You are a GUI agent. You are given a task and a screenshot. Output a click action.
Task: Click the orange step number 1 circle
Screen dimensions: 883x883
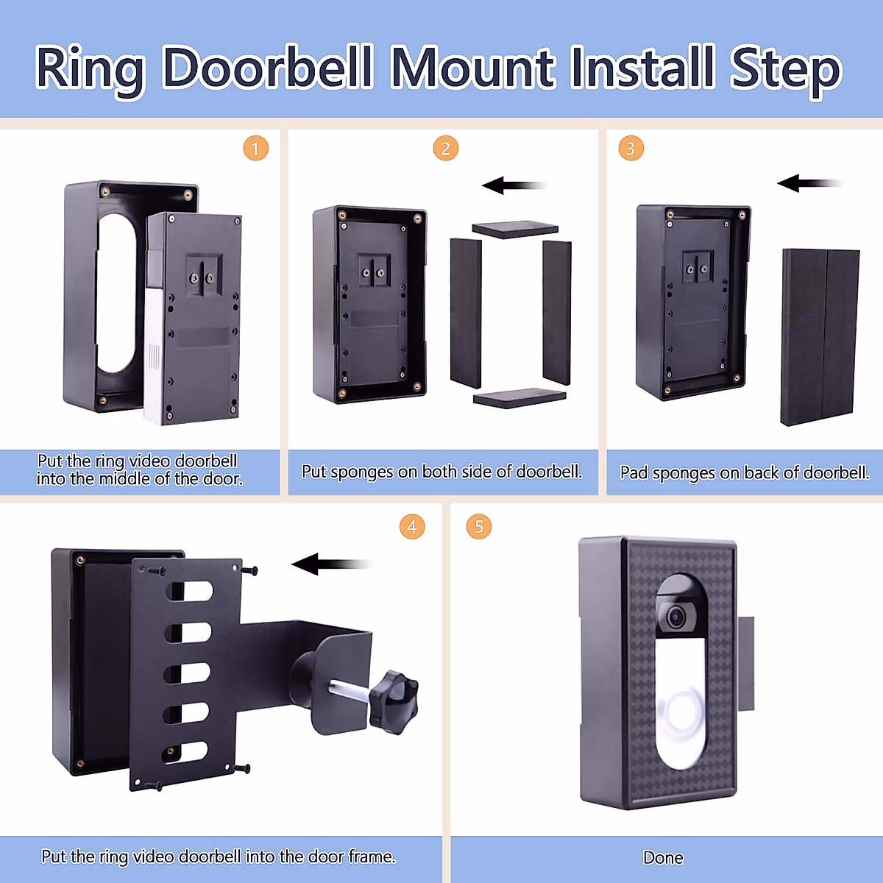click(x=255, y=149)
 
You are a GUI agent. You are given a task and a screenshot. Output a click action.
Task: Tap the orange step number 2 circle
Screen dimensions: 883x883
click(x=445, y=149)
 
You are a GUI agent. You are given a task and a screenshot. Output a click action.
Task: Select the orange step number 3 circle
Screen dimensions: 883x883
click(x=631, y=149)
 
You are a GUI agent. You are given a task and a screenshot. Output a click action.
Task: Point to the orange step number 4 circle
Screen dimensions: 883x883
click(x=412, y=527)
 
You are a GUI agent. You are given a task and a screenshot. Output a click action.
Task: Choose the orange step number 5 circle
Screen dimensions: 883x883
click(x=479, y=527)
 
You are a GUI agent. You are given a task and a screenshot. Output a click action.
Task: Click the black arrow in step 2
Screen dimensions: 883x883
click(x=514, y=185)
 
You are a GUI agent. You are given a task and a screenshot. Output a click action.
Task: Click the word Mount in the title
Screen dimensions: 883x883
click(x=472, y=68)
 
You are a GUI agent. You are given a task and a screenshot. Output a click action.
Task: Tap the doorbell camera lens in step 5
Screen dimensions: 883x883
click(x=675, y=617)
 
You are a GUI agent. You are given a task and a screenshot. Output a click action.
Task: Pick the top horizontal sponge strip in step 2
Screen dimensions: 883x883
click(x=515, y=229)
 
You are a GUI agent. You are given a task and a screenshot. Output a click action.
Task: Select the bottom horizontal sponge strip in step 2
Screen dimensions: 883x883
click(x=519, y=397)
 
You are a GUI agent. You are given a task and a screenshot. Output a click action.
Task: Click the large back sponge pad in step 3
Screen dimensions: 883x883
click(x=819, y=337)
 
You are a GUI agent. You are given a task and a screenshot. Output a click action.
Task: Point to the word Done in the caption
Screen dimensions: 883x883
click(x=663, y=858)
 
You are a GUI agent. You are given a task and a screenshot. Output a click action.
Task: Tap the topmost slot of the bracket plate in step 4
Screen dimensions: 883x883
click(x=190, y=592)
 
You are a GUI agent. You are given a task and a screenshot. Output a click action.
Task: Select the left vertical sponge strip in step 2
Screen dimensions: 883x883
click(x=466, y=312)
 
